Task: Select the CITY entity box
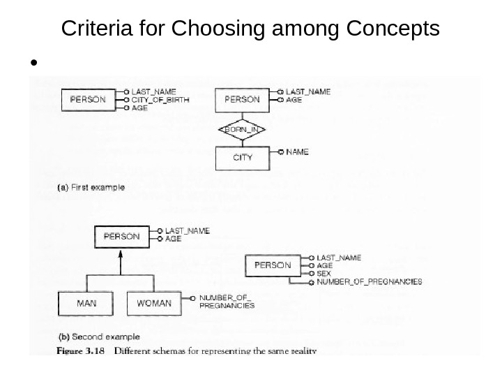242,157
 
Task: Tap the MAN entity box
86,304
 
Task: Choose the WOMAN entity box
154,304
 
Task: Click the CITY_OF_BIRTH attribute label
160,100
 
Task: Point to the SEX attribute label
323,274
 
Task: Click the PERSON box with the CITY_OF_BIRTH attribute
89,99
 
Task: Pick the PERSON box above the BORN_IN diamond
242,99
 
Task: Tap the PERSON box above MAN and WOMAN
121,236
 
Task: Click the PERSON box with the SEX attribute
273,265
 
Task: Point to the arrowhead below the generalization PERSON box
121,253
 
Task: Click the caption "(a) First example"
91,187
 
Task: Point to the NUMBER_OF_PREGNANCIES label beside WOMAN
227,301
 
